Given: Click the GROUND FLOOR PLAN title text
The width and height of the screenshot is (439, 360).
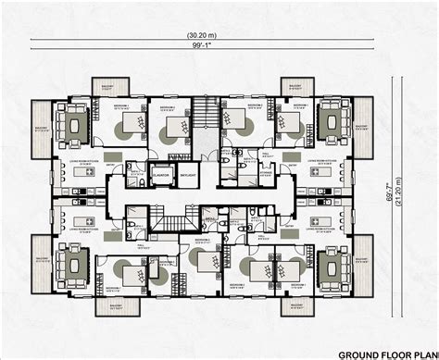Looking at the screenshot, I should [385, 353].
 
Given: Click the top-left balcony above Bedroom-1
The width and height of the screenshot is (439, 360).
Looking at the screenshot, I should [105, 86].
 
